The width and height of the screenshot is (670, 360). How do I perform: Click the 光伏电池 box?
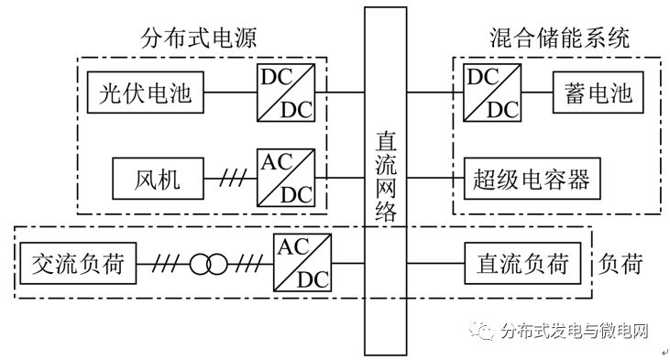146,93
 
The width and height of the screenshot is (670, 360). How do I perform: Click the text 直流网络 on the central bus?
386,179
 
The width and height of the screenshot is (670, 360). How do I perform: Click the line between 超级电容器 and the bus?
436,178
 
